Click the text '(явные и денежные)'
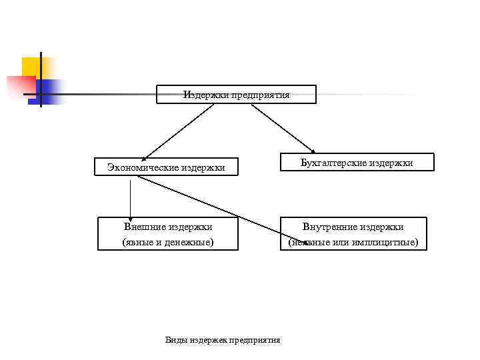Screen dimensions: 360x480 point(168,242)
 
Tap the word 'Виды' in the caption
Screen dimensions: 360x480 point(175,340)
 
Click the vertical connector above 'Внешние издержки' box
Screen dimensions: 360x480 point(130,197)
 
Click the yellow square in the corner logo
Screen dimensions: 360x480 point(31,67)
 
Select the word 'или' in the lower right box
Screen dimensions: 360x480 point(351,242)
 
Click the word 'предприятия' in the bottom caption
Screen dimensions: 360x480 point(255,340)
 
